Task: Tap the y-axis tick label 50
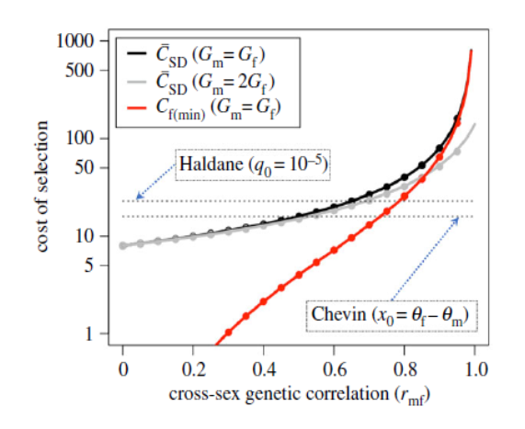95,168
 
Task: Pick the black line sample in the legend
139,52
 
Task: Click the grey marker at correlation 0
123,245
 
